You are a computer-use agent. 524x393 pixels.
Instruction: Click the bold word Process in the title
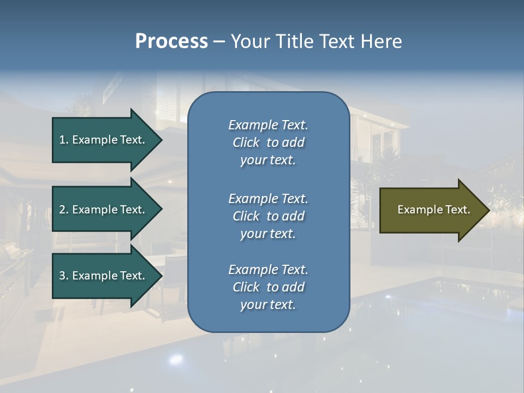(x=171, y=41)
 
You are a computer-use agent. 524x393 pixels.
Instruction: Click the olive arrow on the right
(x=431, y=210)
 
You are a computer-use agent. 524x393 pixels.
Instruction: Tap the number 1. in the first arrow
(x=64, y=140)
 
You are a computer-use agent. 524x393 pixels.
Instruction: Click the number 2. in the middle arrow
(x=64, y=210)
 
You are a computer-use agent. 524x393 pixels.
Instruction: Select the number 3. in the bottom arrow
(x=64, y=276)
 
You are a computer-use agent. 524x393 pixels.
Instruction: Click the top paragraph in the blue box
(x=268, y=142)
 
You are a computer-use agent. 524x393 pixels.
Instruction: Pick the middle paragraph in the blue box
(x=268, y=216)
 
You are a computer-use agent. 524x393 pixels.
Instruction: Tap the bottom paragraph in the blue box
(x=268, y=287)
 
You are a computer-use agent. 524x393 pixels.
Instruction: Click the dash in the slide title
(x=219, y=41)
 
